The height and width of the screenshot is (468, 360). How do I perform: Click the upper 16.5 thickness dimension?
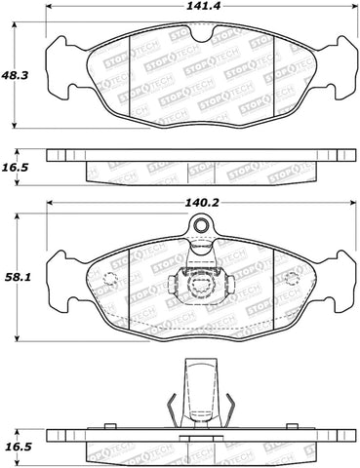[15, 167]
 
